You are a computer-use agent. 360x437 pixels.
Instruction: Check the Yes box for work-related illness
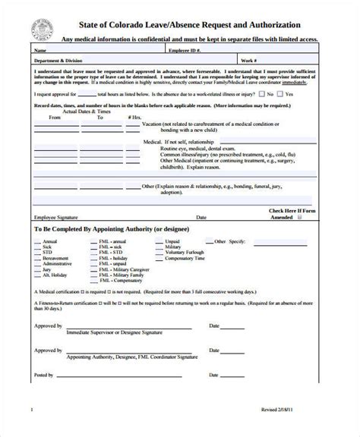pos(262,94)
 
